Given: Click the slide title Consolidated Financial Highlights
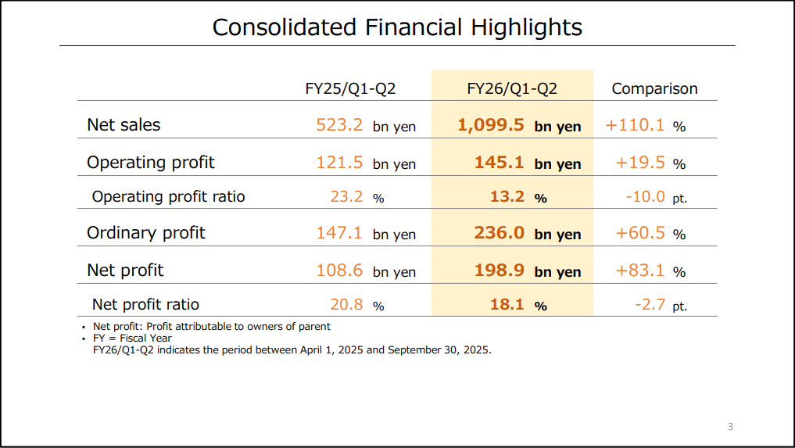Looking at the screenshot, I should pyautogui.click(x=397, y=27).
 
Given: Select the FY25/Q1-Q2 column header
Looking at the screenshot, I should pyautogui.click(x=350, y=88).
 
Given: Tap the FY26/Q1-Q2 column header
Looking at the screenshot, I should pyautogui.click(x=512, y=88).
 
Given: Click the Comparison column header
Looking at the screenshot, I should pyautogui.click(x=654, y=88).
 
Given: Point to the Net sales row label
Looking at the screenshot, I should pyautogui.click(x=124, y=124).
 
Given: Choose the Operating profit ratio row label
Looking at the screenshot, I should pyautogui.click(x=168, y=196).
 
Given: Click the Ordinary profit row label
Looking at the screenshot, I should pyautogui.click(x=146, y=232).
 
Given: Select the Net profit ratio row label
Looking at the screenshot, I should pyautogui.click(x=145, y=304).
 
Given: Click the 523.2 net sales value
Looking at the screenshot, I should pyautogui.click(x=339, y=124).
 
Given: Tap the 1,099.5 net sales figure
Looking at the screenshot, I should pyautogui.click(x=491, y=124).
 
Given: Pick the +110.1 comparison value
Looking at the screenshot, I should pyautogui.click(x=635, y=124).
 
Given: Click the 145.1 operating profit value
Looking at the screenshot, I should pyautogui.click(x=500, y=162).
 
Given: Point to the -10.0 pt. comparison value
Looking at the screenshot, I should pyautogui.click(x=657, y=196).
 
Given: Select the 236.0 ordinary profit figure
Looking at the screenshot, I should pyautogui.click(x=500, y=232).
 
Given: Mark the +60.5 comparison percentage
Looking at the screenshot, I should pyautogui.click(x=640, y=232).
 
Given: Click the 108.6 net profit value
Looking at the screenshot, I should pyautogui.click(x=339, y=270).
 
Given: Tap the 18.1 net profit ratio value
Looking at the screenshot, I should pyautogui.click(x=507, y=304).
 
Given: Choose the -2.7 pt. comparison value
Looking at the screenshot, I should pyautogui.click(x=661, y=304).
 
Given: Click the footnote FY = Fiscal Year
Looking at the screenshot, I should pyautogui.click(x=132, y=338).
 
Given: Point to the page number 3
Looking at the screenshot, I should pyautogui.click(x=730, y=426).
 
